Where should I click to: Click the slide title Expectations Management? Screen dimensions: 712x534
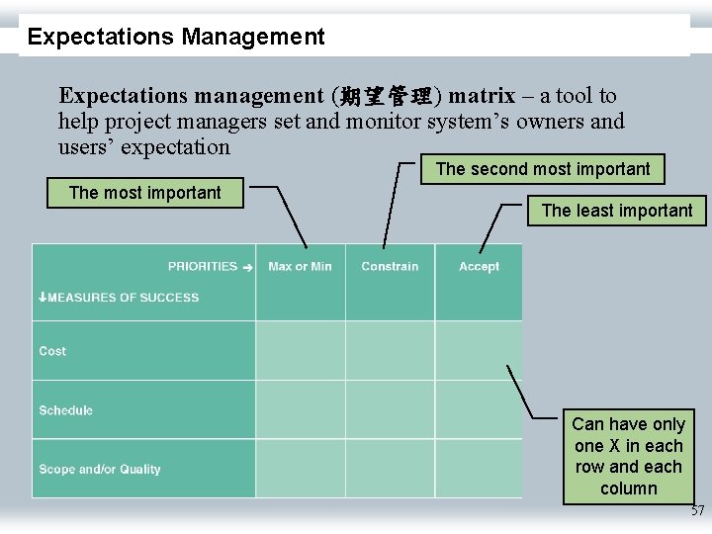[176, 38]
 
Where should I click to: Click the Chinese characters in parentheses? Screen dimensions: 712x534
[384, 97]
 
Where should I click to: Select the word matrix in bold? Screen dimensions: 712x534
[481, 96]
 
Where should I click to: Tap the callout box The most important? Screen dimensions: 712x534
[145, 193]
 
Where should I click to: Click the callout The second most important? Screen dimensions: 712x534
[543, 169]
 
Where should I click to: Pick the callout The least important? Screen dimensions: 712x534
[617, 211]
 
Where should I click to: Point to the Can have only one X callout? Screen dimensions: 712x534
[628, 456]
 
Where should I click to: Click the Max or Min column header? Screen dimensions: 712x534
[300, 267]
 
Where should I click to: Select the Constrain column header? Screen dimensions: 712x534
[390, 267]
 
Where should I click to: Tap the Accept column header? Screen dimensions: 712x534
[479, 267]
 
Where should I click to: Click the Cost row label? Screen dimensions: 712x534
[53, 351]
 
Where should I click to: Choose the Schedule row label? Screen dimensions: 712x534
[66, 410]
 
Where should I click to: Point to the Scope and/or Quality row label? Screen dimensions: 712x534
[100, 470]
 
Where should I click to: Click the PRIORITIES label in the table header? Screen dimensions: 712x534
[204, 267]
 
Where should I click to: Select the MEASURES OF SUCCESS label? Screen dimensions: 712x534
[121, 298]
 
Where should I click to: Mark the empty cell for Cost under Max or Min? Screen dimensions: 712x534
[300, 350]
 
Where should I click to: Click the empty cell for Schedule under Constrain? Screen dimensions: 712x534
[390, 409]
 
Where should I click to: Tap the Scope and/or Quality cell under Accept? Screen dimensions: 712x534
[478, 469]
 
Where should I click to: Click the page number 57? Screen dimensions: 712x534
[697, 511]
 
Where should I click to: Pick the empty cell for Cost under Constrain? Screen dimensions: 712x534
[390, 350]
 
